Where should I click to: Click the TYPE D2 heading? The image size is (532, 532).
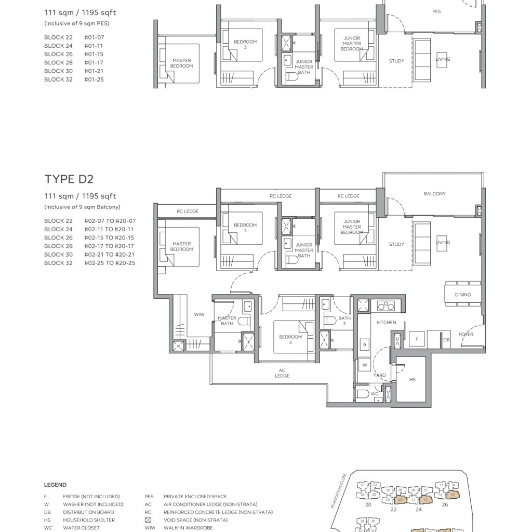[69, 179]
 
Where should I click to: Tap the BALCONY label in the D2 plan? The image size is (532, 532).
[434, 194]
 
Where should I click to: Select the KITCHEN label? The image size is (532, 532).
[386, 323]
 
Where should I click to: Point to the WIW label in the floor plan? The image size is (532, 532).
[199, 314]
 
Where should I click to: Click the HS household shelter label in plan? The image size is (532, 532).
[413, 380]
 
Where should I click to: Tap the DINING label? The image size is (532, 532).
[462, 295]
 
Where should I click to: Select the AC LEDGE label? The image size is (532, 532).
[282, 373]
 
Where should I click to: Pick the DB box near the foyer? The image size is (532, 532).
[446, 340]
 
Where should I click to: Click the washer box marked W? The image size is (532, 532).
[364, 365]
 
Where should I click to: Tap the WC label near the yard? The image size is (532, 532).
[374, 394]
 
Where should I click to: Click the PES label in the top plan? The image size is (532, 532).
[436, 11]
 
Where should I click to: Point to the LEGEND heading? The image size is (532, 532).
[55, 485]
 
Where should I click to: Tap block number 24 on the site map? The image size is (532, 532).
[419, 510]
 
